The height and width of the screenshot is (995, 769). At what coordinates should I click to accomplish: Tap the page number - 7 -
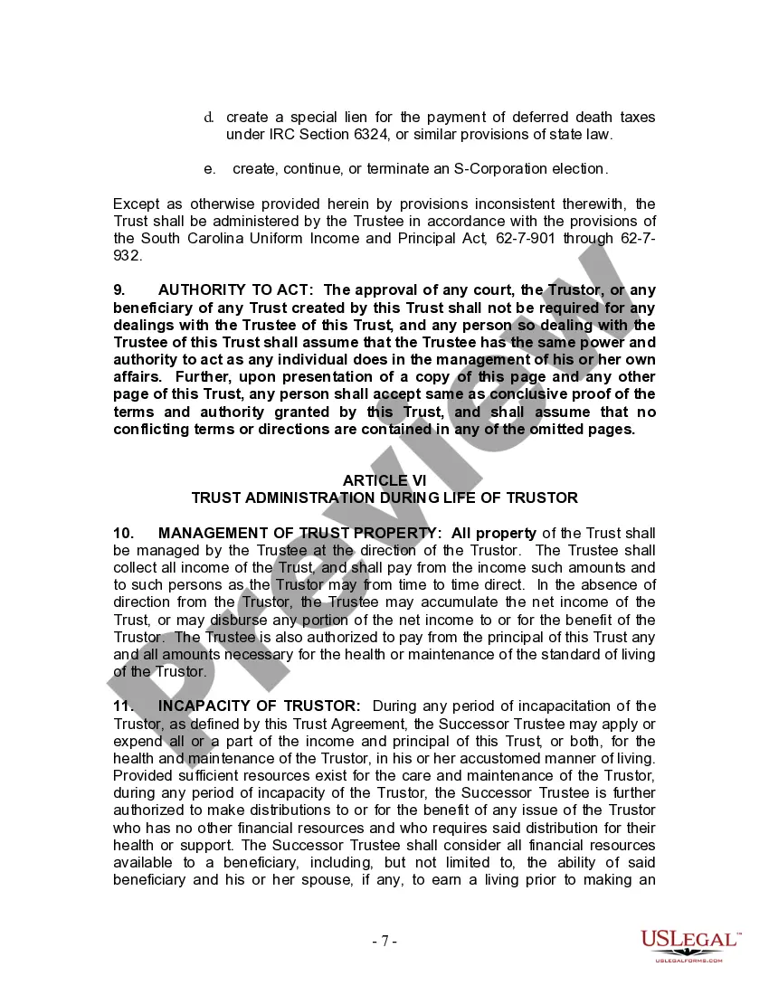384,941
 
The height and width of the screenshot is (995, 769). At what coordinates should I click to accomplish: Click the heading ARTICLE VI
384,480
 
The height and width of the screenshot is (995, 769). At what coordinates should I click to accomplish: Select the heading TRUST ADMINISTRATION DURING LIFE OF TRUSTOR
384,497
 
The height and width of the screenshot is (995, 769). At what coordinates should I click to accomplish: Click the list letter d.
209,118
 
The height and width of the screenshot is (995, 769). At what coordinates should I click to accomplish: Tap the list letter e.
209,169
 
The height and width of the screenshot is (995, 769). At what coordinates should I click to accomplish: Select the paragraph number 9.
119,290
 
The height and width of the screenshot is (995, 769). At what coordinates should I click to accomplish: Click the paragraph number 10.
123,533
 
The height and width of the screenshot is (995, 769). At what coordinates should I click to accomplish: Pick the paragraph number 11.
123,706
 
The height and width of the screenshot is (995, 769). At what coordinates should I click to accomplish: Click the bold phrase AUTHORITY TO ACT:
235,290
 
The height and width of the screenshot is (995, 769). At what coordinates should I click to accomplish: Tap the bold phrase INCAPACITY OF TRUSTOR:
259,706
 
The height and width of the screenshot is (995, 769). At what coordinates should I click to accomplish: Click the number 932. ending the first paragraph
128,256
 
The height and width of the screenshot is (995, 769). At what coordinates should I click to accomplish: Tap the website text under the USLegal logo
689,960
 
